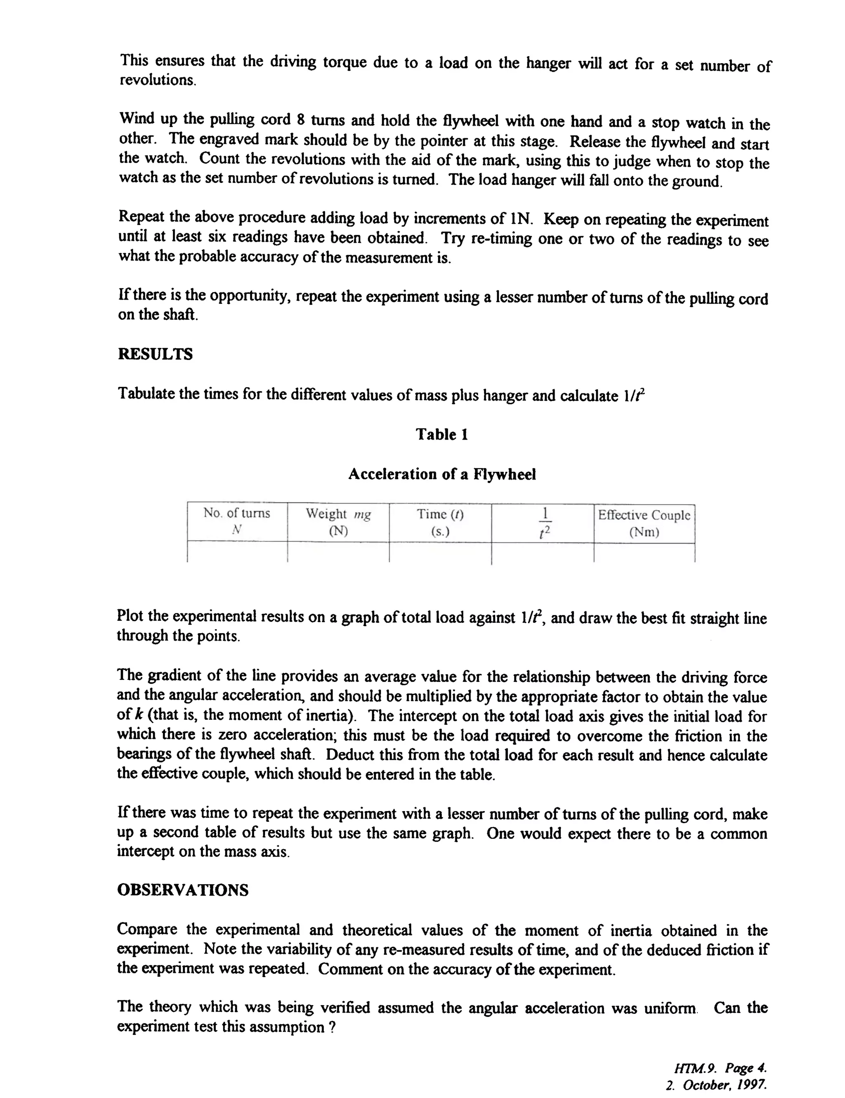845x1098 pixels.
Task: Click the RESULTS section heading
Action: point(155,354)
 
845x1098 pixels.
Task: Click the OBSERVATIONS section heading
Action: point(182,890)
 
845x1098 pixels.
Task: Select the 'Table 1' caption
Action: point(441,434)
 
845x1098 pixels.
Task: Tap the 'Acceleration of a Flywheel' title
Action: point(441,474)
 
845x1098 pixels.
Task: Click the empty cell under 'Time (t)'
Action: point(440,553)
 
